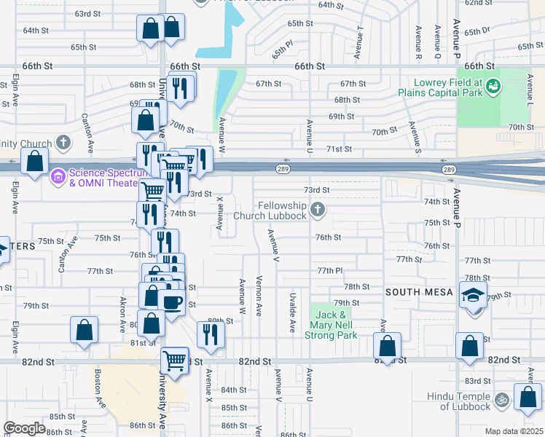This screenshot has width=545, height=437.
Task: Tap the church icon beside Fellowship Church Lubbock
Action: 316,210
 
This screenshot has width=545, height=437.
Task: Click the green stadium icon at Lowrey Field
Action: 494,87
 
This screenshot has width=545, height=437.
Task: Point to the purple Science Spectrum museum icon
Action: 58,176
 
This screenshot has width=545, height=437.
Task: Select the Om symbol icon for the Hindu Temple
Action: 501,400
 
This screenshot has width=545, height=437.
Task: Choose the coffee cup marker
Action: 172,302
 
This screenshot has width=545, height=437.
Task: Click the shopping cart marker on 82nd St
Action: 174,358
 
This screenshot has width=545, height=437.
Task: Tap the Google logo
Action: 24,428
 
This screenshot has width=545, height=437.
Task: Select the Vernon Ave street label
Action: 259,295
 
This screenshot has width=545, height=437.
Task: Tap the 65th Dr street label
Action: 477,32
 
